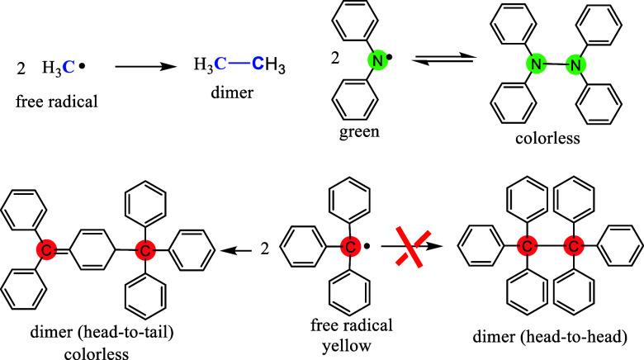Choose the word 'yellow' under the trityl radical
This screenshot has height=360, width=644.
coord(352,336)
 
